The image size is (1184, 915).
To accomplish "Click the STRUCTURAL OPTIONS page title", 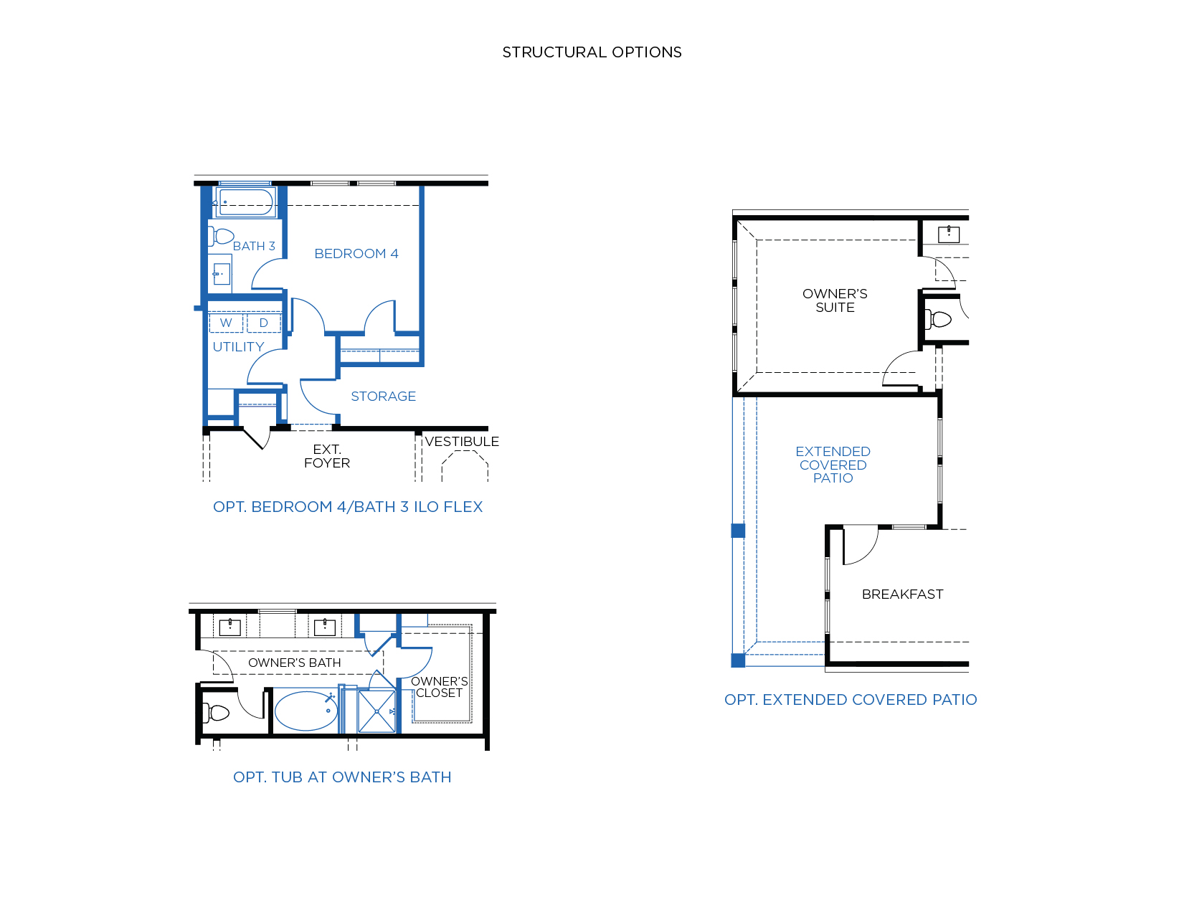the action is (x=592, y=52).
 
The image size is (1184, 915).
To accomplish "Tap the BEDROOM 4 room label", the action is (x=356, y=254).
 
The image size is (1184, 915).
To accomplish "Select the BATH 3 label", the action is (x=254, y=246).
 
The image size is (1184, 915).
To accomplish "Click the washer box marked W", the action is (x=226, y=323).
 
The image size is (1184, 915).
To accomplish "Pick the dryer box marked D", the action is (x=264, y=323).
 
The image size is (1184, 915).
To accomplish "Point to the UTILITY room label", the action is (x=238, y=347).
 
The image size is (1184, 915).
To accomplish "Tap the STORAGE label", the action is (x=383, y=397).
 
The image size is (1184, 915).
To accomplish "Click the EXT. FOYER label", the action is (x=327, y=456).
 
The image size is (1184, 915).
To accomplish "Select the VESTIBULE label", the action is (x=462, y=442).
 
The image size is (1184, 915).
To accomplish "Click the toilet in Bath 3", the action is (x=221, y=237).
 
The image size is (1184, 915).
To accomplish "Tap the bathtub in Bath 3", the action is (x=246, y=202).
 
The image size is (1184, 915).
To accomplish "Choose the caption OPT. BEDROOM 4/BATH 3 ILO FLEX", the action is (x=348, y=507).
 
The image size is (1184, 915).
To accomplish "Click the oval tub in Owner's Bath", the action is (x=306, y=711).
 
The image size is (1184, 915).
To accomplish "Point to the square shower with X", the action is (x=376, y=711).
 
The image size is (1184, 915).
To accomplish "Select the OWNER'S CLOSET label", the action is (x=439, y=688).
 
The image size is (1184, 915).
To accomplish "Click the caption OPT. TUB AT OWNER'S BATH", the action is (x=342, y=777).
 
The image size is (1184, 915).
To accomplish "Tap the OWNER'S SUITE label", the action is (x=835, y=300).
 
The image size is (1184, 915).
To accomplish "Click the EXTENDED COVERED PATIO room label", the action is (x=833, y=465).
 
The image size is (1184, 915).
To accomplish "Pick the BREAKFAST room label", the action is (x=902, y=594).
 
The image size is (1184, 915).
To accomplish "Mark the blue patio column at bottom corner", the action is (x=738, y=660).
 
